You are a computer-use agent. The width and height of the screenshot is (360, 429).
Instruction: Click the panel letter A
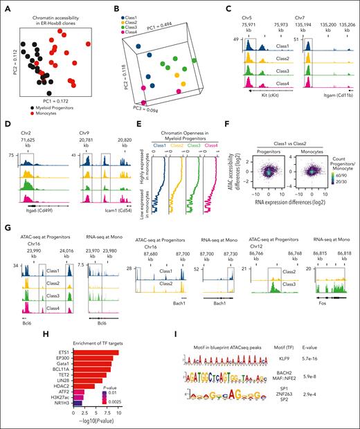pos(5,6)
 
